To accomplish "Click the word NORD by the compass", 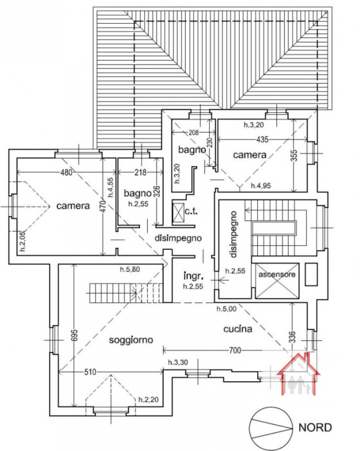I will click(316, 427).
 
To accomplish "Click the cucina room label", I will click(237, 328).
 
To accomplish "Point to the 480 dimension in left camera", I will click(66, 173).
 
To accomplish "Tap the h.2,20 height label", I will click(148, 399).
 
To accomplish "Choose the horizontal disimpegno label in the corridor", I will click(178, 237).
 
